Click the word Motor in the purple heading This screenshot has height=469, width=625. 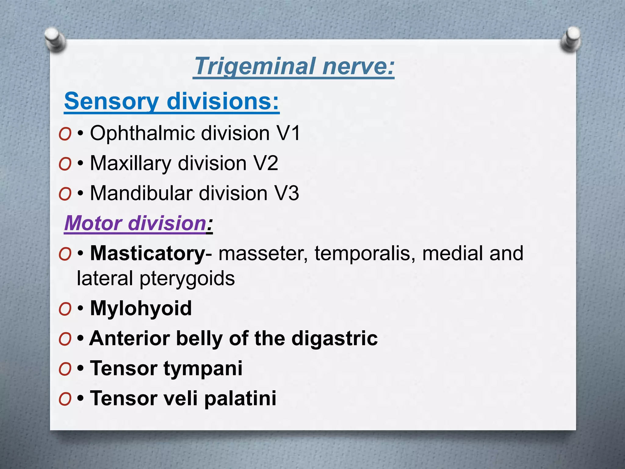[x=93, y=223]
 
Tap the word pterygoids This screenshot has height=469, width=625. [x=187, y=278]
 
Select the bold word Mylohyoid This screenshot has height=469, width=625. [x=141, y=308]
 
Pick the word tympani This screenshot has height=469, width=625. [x=203, y=368]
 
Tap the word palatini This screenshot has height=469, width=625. [x=240, y=398]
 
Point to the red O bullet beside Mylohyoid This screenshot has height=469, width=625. [x=65, y=309]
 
